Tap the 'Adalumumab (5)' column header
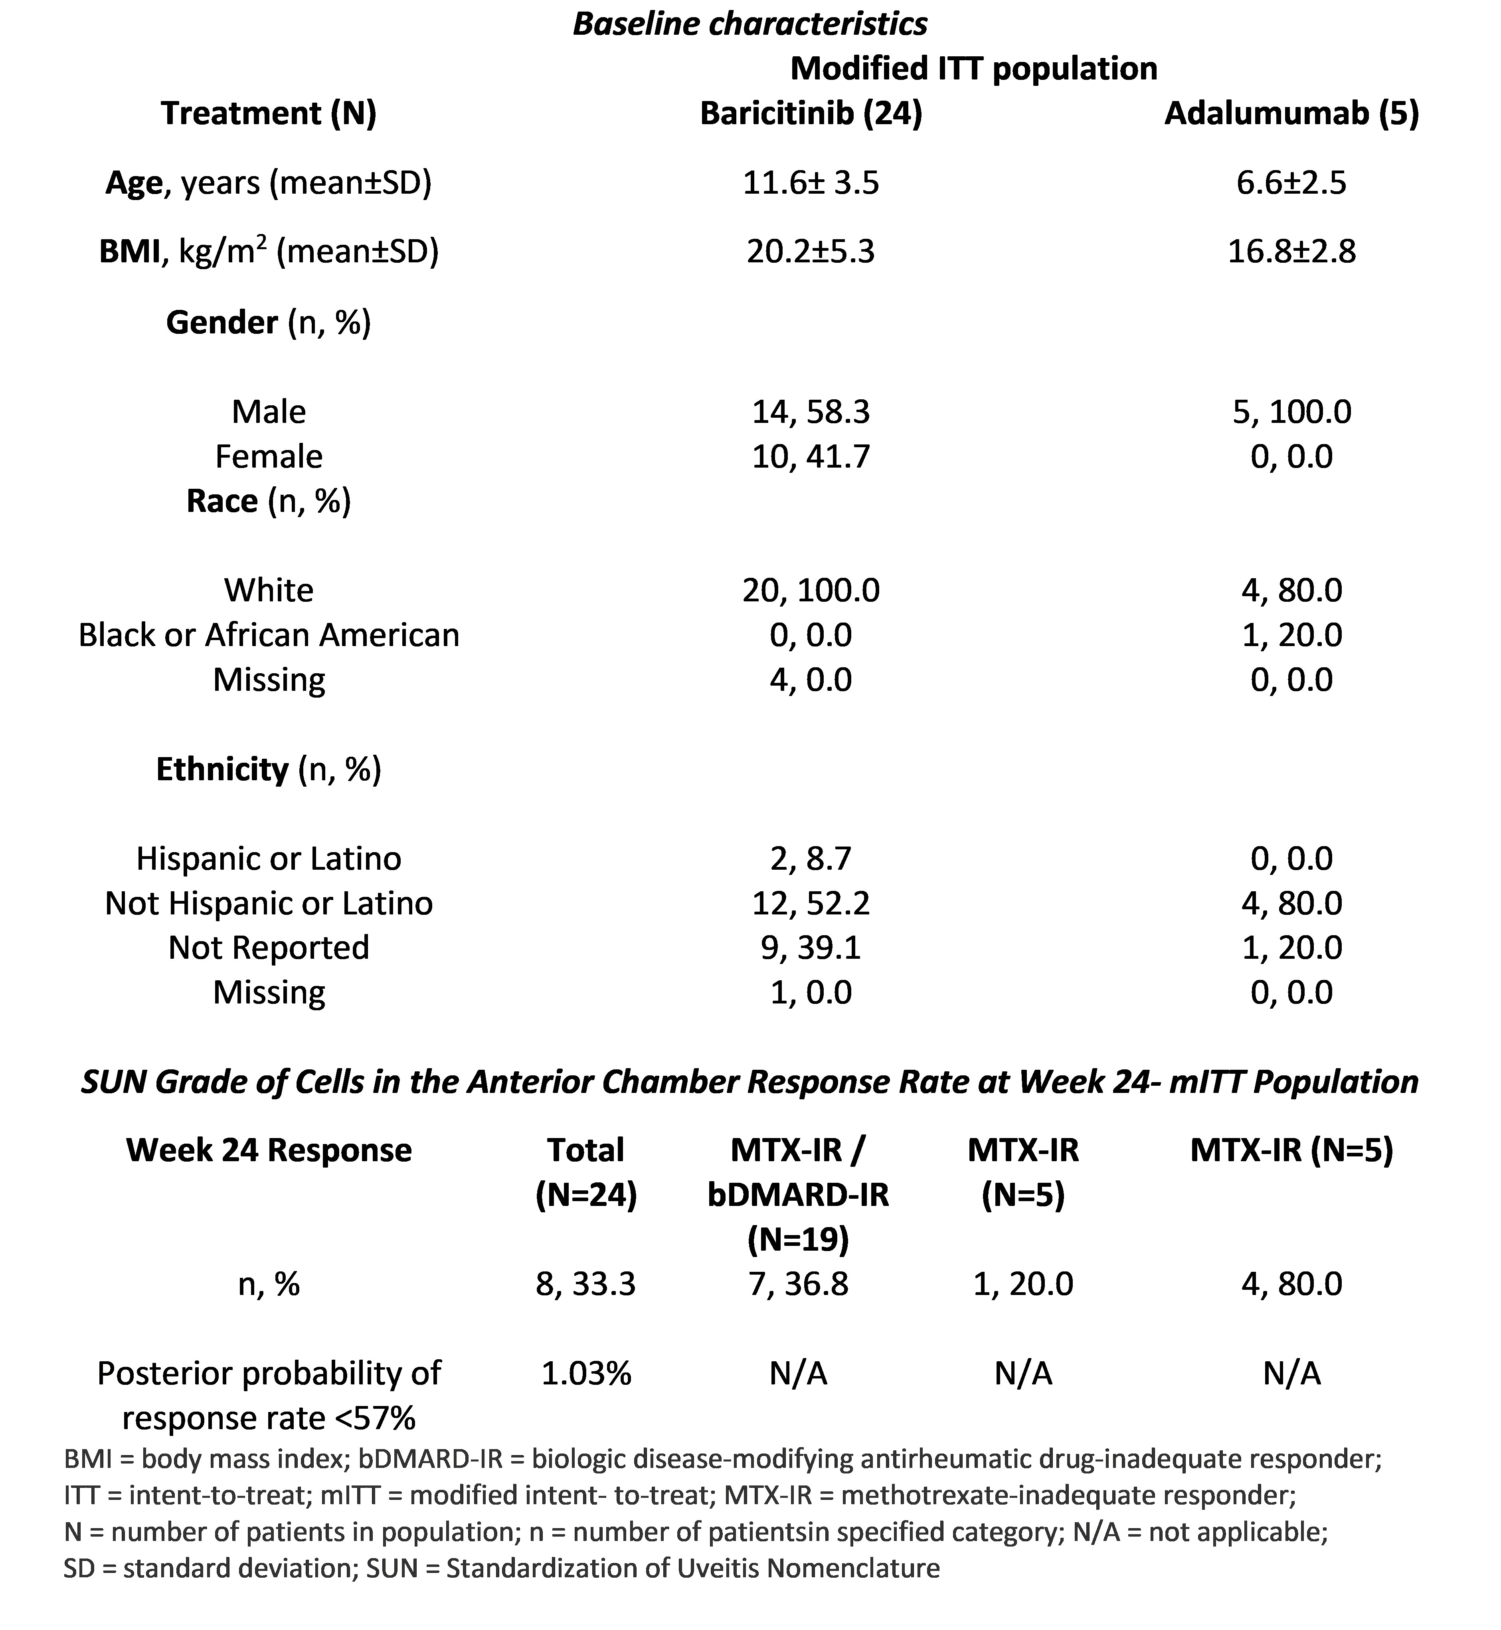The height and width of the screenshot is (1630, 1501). click(x=1291, y=114)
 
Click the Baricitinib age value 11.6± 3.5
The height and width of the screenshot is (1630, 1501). click(x=811, y=183)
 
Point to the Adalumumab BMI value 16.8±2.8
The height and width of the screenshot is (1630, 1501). click(x=1291, y=252)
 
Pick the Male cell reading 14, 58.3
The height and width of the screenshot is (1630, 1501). click(x=811, y=412)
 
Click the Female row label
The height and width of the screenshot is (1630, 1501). click(x=269, y=457)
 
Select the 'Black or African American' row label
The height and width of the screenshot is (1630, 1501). click(x=269, y=635)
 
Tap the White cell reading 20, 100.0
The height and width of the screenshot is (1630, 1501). click(x=811, y=590)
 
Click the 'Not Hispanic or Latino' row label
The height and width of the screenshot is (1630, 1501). click(x=269, y=903)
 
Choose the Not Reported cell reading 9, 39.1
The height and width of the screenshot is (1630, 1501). click(x=811, y=948)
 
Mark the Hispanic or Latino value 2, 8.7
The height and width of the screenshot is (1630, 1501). click(x=811, y=858)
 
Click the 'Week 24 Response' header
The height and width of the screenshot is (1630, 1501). click(x=269, y=1150)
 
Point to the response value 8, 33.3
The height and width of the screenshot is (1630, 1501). click(x=585, y=1284)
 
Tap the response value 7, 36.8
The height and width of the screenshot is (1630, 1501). click(x=799, y=1284)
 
